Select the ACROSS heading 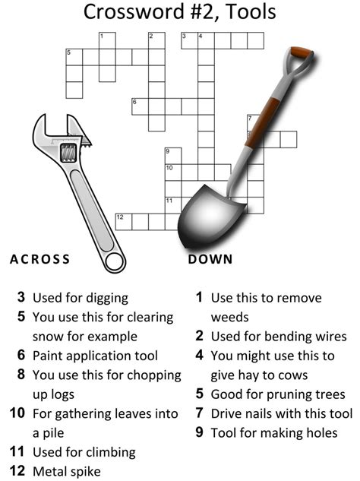click(40, 259)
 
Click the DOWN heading click(210, 259)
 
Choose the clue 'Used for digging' click(81, 298)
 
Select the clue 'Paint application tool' click(95, 356)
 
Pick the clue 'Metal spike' click(67, 471)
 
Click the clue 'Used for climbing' click(84, 452)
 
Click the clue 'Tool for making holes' click(274, 432)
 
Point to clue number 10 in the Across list click(17, 413)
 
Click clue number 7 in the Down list click(199, 413)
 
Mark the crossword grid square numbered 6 click(140, 106)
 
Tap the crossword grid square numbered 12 click(123, 222)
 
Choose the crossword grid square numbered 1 click(106, 40)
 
